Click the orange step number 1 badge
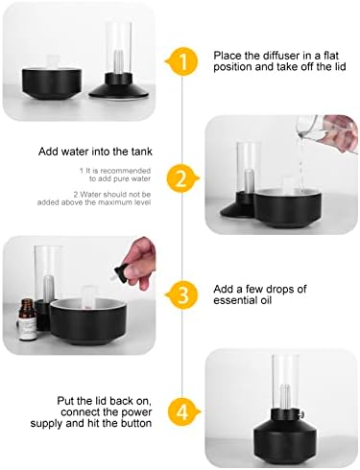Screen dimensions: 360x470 click(x=181, y=60)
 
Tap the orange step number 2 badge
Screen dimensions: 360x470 click(x=181, y=178)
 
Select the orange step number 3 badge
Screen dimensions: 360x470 click(x=181, y=294)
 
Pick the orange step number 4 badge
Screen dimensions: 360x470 click(x=182, y=412)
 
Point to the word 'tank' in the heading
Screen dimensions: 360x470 click(x=141, y=152)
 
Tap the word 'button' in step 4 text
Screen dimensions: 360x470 click(x=136, y=423)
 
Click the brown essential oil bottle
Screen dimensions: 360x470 click(x=27, y=318)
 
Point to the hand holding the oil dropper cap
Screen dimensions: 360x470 click(x=138, y=260)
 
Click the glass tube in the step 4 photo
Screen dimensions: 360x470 click(x=285, y=382)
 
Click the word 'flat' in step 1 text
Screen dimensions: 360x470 click(x=331, y=56)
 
